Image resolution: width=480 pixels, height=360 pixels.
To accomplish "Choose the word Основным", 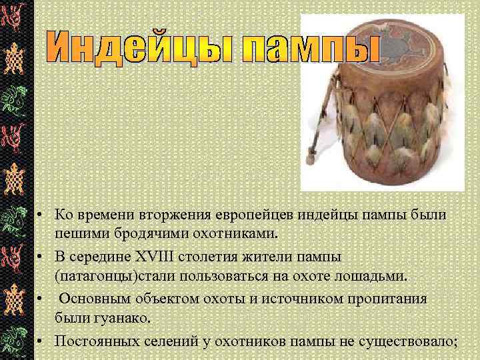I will tap(101, 298).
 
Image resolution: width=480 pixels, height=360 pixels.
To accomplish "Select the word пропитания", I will tap(367, 298).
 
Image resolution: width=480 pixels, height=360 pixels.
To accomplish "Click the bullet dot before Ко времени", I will tap(41, 215).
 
